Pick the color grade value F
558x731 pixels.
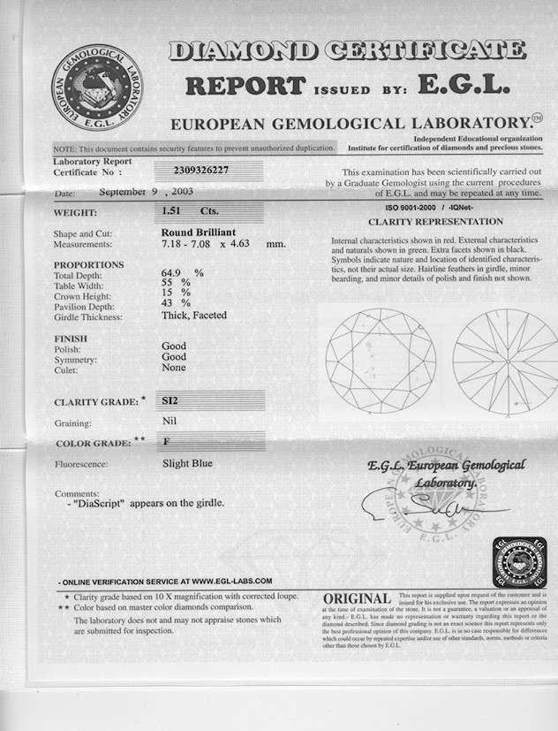pos(166,440)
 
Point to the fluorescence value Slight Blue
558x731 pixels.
pos(187,462)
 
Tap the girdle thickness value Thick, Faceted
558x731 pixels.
pos(194,316)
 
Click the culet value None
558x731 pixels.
pos(174,368)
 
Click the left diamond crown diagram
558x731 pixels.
pos(381,360)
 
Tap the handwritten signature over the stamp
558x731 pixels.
pos(433,506)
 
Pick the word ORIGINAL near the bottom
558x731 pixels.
pos(357,599)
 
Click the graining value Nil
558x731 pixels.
pos(170,422)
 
